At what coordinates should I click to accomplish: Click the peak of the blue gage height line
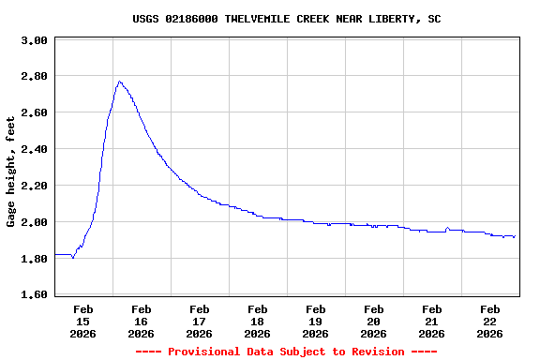tap(119, 82)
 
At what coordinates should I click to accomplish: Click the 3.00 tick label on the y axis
tap(34, 41)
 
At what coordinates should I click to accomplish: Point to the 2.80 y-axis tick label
tap(34, 76)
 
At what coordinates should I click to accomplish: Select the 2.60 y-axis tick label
tap(34, 112)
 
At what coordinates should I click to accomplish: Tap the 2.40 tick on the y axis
tap(34, 149)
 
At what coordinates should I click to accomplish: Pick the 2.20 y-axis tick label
tap(34, 186)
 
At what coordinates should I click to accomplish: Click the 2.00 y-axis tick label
tap(34, 222)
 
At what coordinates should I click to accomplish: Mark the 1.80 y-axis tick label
tap(34, 259)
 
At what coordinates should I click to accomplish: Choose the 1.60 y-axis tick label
tap(34, 295)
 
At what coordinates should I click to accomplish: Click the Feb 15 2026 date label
tap(82, 321)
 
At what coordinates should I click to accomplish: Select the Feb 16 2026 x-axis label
tap(141, 321)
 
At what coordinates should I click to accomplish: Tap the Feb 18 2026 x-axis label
tap(257, 321)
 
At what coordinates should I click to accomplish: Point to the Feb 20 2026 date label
tap(373, 321)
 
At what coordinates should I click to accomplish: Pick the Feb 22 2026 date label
tap(489, 321)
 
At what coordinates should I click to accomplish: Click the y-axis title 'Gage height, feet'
tap(11, 172)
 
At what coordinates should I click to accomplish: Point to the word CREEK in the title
tap(315, 19)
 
